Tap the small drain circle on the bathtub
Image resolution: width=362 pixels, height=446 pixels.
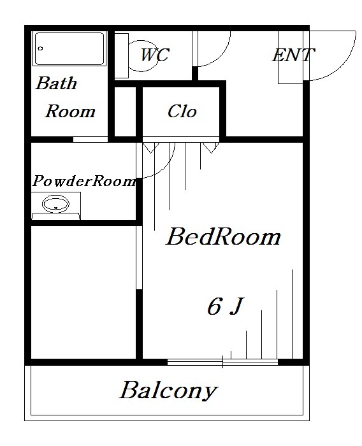tap(41, 48)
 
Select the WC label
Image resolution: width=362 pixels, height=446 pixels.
tap(154, 55)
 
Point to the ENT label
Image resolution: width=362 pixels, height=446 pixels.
tap(293, 55)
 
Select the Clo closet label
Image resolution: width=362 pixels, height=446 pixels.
tap(182, 111)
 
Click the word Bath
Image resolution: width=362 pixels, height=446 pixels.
tap(56, 83)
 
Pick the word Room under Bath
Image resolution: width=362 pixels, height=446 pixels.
tap(69, 112)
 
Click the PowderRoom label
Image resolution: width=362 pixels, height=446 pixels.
tap(84, 181)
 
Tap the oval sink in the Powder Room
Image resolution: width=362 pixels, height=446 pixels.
tap(56, 205)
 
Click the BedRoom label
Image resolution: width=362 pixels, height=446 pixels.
tap(223, 237)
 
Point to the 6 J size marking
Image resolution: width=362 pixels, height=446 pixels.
tap(224, 307)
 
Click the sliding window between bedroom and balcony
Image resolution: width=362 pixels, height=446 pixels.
tap(222, 363)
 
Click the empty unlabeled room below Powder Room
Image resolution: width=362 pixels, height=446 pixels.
tap(83, 291)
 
